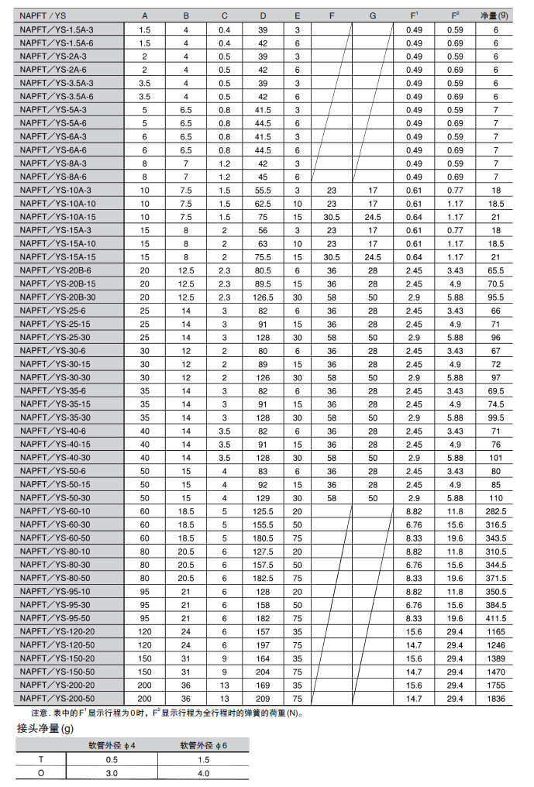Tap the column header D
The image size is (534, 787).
[x=263, y=15]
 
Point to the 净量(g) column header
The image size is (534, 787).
[x=496, y=15]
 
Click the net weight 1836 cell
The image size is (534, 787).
[x=496, y=699]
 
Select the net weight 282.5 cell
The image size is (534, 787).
[x=496, y=511]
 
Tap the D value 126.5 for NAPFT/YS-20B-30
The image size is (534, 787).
[x=263, y=297]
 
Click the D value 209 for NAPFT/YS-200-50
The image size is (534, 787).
[x=263, y=699]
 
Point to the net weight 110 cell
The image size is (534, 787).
[x=496, y=498]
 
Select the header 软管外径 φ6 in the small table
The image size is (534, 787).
[x=203, y=746]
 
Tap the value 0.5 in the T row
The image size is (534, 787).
[x=111, y=760]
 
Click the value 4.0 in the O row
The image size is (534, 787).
[x=203, y=773]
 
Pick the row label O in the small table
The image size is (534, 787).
[x=41, y=773]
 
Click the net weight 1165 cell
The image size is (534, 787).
[x=496, y=632]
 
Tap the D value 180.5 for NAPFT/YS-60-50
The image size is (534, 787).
[x=263, y=538]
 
